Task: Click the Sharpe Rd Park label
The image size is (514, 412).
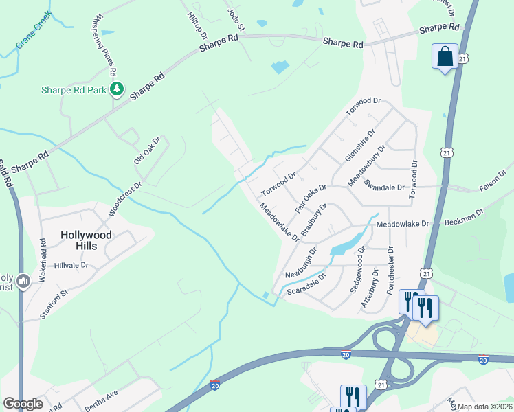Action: pos(74,90)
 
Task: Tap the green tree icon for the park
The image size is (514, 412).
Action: pos(117,89)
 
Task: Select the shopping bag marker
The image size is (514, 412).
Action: pos(445,57)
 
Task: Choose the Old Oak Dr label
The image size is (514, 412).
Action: pos(146,150)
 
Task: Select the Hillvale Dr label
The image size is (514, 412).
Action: pos(71,265)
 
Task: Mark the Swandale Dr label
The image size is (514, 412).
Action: pos(387,186)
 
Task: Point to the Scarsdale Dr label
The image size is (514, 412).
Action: pos(306,282)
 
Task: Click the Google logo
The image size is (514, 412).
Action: pos(23,404)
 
